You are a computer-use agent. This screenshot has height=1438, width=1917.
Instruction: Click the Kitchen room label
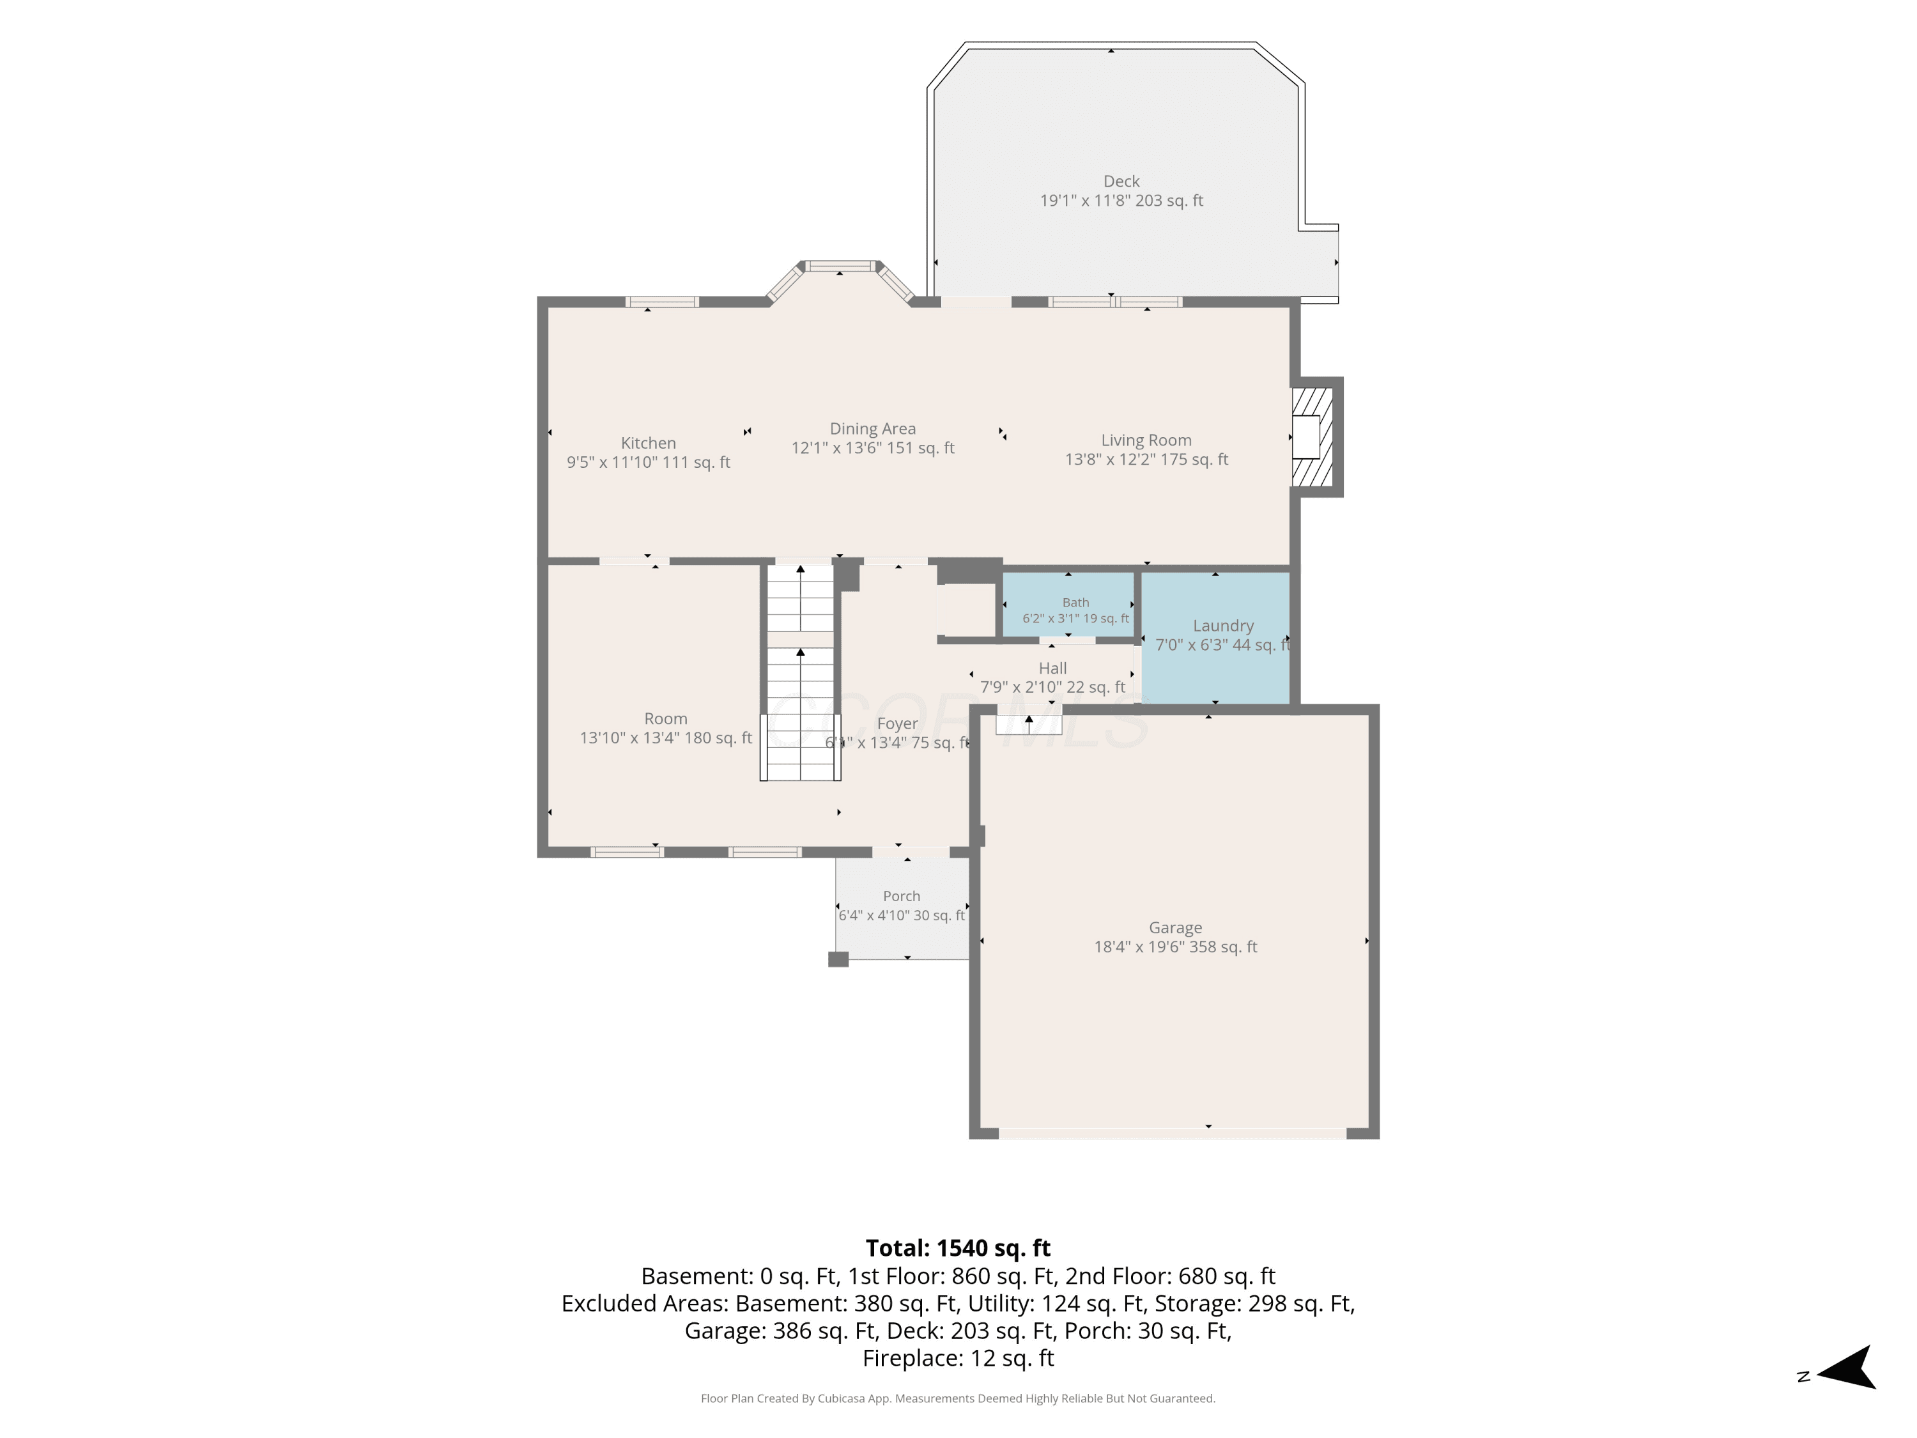[648, 443]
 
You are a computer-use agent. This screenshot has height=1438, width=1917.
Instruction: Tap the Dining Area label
[873, 428]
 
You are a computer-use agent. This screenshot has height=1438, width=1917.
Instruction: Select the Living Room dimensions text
[1146, 460]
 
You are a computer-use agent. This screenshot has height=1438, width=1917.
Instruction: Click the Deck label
[1121, 181]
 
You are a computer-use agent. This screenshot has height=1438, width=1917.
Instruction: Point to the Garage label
[1175, 927]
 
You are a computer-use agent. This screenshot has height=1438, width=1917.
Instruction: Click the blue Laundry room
[1215, 637]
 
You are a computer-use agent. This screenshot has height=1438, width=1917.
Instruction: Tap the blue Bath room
[1068, 603]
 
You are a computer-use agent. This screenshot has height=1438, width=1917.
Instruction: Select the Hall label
[1053, 669]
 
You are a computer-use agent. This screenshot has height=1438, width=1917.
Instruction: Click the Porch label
[901, 896]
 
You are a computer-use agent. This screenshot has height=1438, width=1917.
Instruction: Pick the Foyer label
[897, 723]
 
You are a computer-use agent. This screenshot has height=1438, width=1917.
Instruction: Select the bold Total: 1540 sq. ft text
[958, 1248]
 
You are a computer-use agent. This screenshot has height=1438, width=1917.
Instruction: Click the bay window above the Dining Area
[840, 279]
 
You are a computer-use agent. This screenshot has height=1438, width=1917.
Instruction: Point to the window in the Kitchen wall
[662, 302]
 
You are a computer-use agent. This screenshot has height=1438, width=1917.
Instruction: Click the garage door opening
[1173, 1133]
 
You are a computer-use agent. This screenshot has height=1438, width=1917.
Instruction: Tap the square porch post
[838, 959]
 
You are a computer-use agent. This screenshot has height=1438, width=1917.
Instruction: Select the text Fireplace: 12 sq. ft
[958, 1358]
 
